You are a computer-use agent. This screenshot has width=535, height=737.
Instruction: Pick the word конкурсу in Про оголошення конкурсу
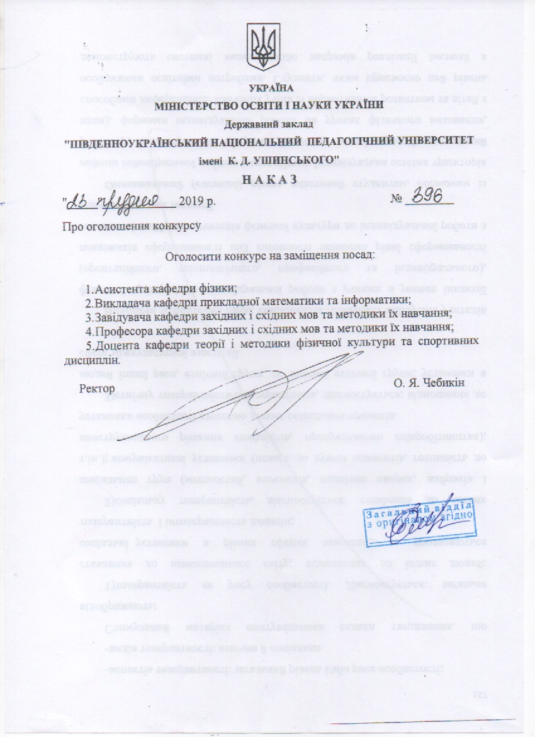[179, 226]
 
